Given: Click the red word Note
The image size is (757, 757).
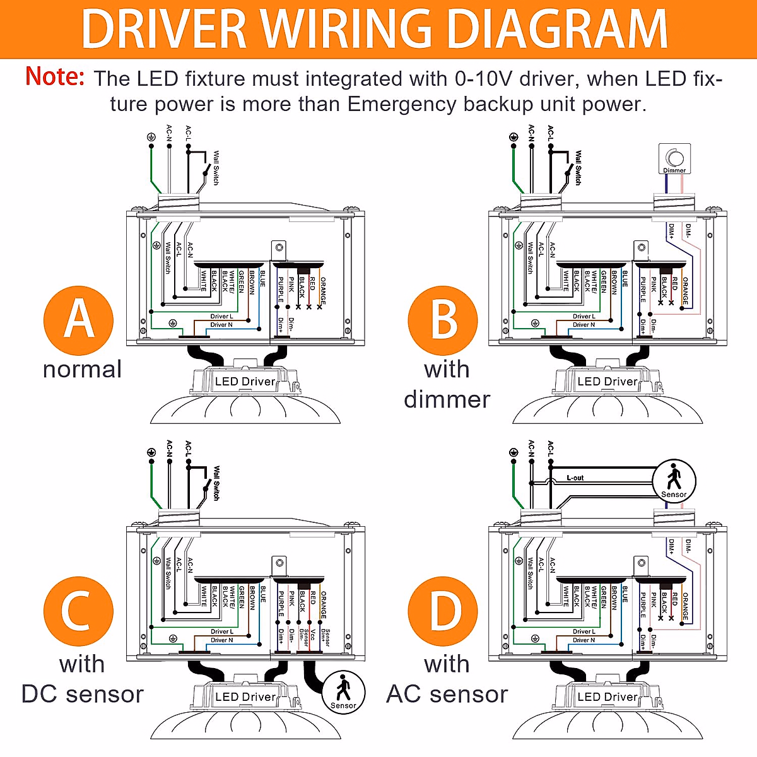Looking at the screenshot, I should [x=55, y=77].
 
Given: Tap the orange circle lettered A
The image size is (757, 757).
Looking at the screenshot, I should [x=79, y=320].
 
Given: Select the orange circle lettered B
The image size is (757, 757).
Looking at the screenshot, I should [x=443, y=320].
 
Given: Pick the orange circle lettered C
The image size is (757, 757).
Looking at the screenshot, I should [x=79, y=611].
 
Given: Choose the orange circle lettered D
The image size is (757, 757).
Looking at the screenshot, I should [x=443, y=611].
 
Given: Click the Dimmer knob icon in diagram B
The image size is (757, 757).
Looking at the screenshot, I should [x=674, y=158].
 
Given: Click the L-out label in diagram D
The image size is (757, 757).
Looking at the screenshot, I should [x=575, y=478].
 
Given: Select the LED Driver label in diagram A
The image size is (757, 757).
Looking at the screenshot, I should [x=245, y=382].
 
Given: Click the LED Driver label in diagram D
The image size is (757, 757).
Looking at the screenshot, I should [x=607, y=697].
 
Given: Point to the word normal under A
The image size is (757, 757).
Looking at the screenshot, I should [x=82, y=369].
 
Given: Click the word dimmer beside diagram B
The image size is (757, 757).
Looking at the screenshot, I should [x=447, y=399].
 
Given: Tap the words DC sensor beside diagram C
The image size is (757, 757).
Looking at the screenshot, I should [x=82, y=694].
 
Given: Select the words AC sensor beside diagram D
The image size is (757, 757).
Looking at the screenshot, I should [x=447, y=694].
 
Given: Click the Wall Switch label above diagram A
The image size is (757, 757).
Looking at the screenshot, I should [x=216, y=167].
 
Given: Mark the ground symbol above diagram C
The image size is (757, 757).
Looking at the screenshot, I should [x=151, y=452].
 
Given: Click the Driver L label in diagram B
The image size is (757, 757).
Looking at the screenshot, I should [x=584, y=317].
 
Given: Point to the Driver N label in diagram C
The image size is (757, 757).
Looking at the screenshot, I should [x=221, y=640].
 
